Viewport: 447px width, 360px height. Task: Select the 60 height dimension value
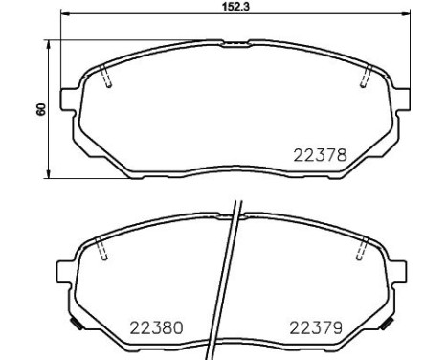tap(40, 109)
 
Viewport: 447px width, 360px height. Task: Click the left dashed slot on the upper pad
tap(106, 81)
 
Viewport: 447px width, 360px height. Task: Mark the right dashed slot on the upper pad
tap(364, 81)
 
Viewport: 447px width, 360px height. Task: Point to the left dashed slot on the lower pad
tap(101, 250)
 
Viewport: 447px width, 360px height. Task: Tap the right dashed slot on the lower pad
tap(361, 250)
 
